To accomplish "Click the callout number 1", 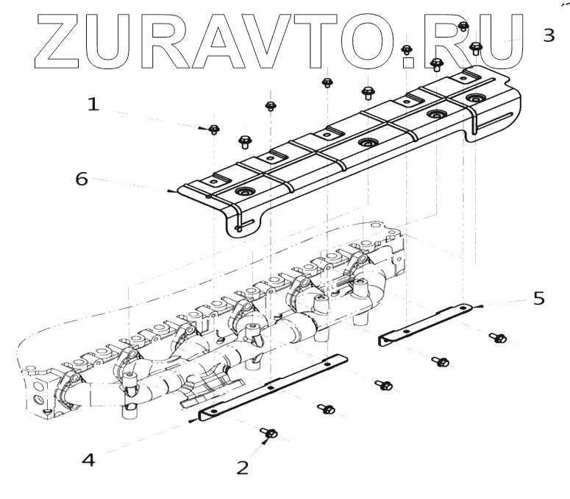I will [93, 105].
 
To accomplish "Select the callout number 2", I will [242, 466].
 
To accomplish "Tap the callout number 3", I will [548, 35].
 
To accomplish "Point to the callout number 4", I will [88, 461].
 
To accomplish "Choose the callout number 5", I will [539, 298].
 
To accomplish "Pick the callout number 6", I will [82, 178].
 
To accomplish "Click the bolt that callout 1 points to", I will [214, 130].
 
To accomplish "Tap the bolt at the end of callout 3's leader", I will [475, 49].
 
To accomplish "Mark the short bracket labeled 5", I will [427, 322].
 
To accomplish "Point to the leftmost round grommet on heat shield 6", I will [242, 193].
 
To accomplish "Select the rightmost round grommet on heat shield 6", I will [471, 98].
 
